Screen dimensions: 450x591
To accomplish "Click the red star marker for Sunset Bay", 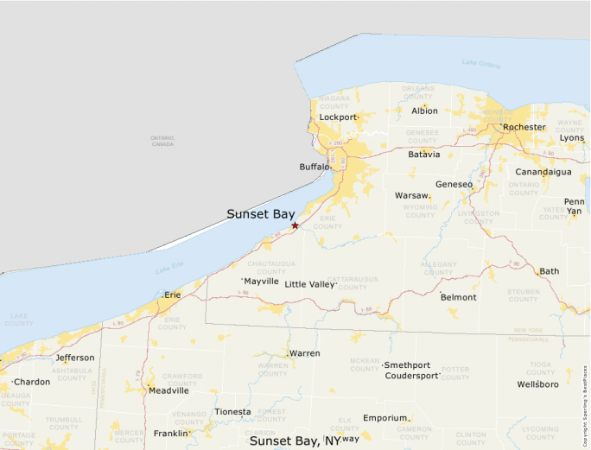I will [x=295, y=225].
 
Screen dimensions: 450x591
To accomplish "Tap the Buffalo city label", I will [x=315, y=167].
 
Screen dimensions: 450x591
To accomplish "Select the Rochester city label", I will [x=524, y=127].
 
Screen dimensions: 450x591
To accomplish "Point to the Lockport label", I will [x=338, y=117].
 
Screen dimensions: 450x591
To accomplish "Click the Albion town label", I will [x=424, y=111].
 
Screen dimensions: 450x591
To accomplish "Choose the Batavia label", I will [x=424, y=155].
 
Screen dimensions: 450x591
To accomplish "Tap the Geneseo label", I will [x=454, y=184].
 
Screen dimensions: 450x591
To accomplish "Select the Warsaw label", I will [x=411, y=196].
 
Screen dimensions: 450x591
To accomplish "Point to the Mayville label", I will [x=261, y=282].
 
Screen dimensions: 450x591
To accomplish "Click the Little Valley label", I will [x=308, y=284].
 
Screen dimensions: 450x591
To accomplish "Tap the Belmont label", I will [x=458, y=297].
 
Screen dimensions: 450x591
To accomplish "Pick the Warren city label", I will [x=304, y=354].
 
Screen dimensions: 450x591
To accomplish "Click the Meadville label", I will [x=168, y=390].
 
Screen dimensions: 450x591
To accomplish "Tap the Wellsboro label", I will [x=537, y=383].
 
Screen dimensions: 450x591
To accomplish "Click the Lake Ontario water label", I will [x=480, y=64].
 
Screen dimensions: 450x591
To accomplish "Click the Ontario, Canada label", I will [x=162, y=141].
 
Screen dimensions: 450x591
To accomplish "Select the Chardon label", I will [x=32, y=382].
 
